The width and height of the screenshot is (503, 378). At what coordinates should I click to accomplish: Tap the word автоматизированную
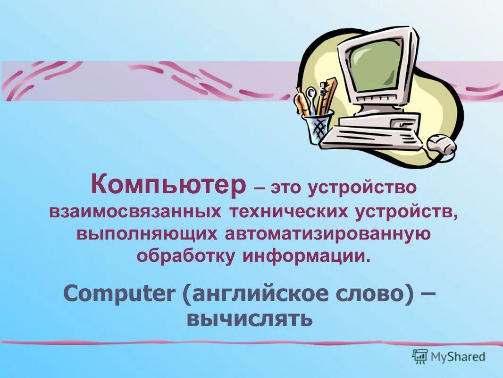tap(327, 234)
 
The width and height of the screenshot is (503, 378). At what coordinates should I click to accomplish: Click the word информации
tap(305, 257)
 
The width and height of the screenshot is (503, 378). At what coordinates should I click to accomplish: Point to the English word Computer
tap(118, 294)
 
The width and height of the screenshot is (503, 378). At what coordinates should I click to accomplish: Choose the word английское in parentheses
tap(249, 295)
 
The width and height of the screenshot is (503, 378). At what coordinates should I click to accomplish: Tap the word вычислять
tap(250, 319)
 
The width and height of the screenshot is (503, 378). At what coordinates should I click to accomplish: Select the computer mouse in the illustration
tap(441, 144)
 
